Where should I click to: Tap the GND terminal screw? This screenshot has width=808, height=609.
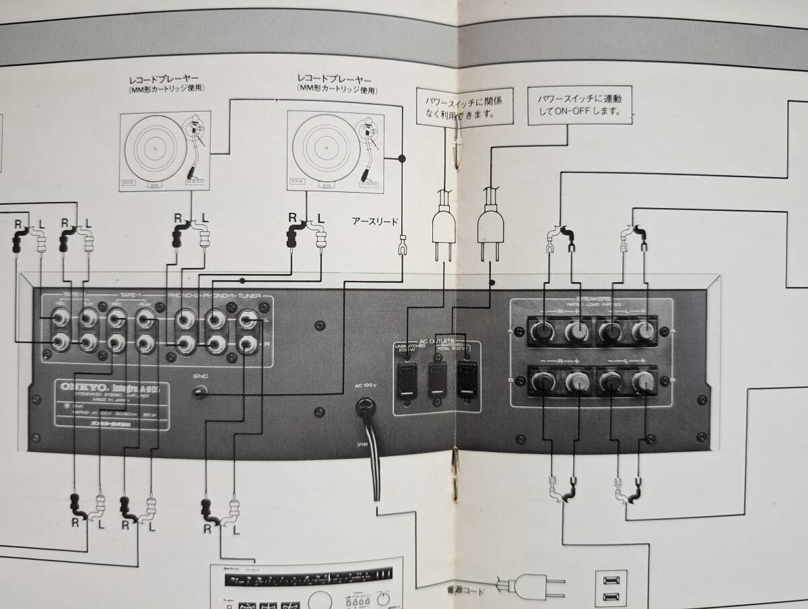coord(200,392)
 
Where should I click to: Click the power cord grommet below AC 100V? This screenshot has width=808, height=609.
coord(367,406)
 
